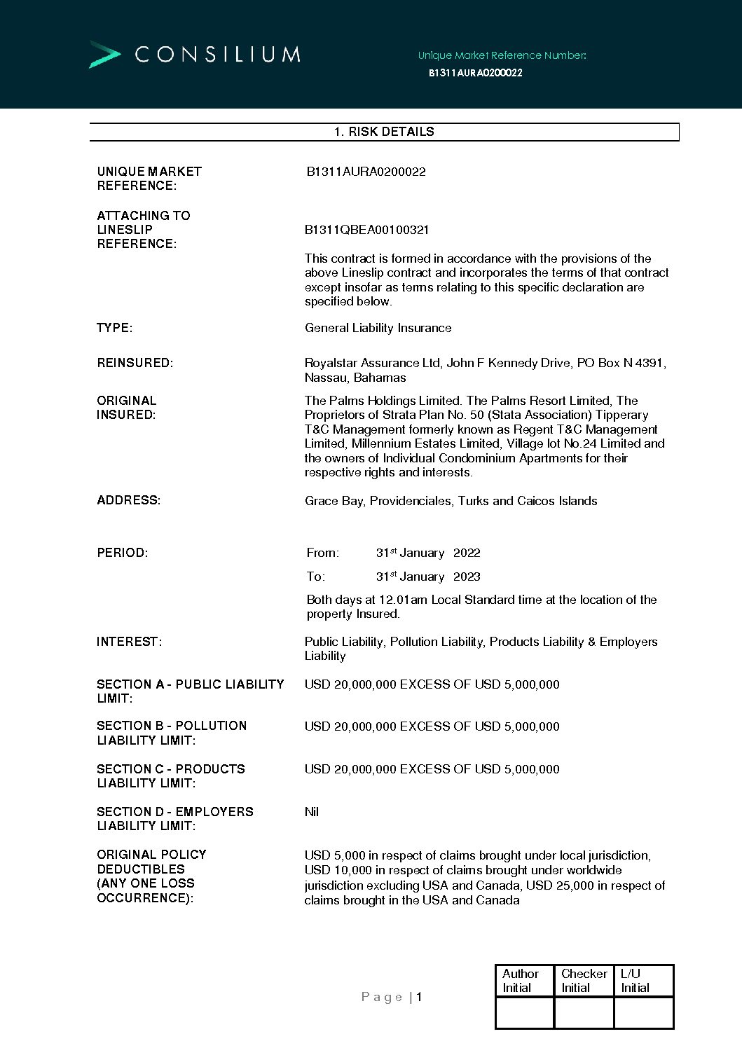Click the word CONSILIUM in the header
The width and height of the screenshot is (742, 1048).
[x=218, y=55]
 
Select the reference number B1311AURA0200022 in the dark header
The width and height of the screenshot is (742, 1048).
[x=475, y=73]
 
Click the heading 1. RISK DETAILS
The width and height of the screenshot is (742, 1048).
[x=384, y=132]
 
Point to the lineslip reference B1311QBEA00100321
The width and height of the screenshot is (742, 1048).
[x=366, y=230]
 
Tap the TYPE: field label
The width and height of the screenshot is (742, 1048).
[x=115, y=328]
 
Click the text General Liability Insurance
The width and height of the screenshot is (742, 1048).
[x=378, y=328]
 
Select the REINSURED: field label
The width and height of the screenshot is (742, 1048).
[x=135, y=363]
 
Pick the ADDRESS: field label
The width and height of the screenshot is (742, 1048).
[x=129, y=500]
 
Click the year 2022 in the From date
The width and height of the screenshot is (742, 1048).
[x=467, y=553]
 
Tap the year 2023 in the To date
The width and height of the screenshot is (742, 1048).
[x=467, y=577]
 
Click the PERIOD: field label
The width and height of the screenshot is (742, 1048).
[x=123, y=553]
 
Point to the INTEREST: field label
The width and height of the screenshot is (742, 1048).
[x=130, y=642]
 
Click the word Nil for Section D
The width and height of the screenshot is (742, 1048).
[x=312, y=812]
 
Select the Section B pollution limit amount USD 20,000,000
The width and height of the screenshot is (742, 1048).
[x=350, y=726]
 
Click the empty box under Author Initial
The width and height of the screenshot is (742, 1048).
[x=524, y=1012]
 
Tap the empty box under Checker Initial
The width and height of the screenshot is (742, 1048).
[x=584, y=1012]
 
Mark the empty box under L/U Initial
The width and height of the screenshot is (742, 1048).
[x=643, y=1012]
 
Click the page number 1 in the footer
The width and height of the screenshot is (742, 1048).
[x=419, y=997]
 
